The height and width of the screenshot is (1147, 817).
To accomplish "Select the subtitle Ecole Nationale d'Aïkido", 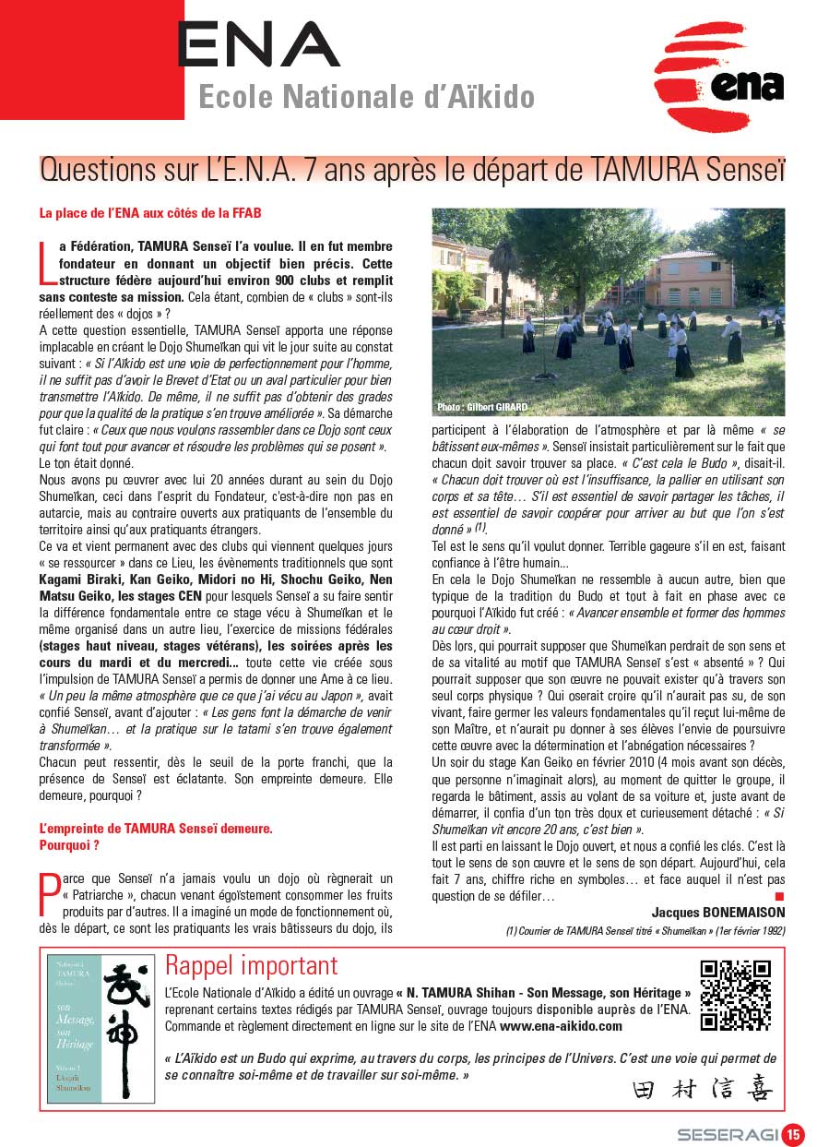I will (x=366, y=96).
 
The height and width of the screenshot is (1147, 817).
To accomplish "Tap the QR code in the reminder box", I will (x=735, y=996).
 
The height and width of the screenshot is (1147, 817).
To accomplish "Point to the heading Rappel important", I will (x=252, y=966).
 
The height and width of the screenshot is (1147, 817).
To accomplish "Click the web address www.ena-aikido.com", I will (x=562, y=1025).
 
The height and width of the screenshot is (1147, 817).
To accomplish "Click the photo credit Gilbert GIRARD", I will (x=477, y=407).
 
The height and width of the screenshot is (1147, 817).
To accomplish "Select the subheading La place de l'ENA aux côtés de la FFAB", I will (x=150, y=213).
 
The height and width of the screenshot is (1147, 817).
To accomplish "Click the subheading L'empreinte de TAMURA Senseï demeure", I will (x=156, y=829).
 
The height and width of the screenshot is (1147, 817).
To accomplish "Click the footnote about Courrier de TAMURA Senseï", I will (x=645, y=931).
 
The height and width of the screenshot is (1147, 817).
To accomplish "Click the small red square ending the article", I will (x=779, y=896).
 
